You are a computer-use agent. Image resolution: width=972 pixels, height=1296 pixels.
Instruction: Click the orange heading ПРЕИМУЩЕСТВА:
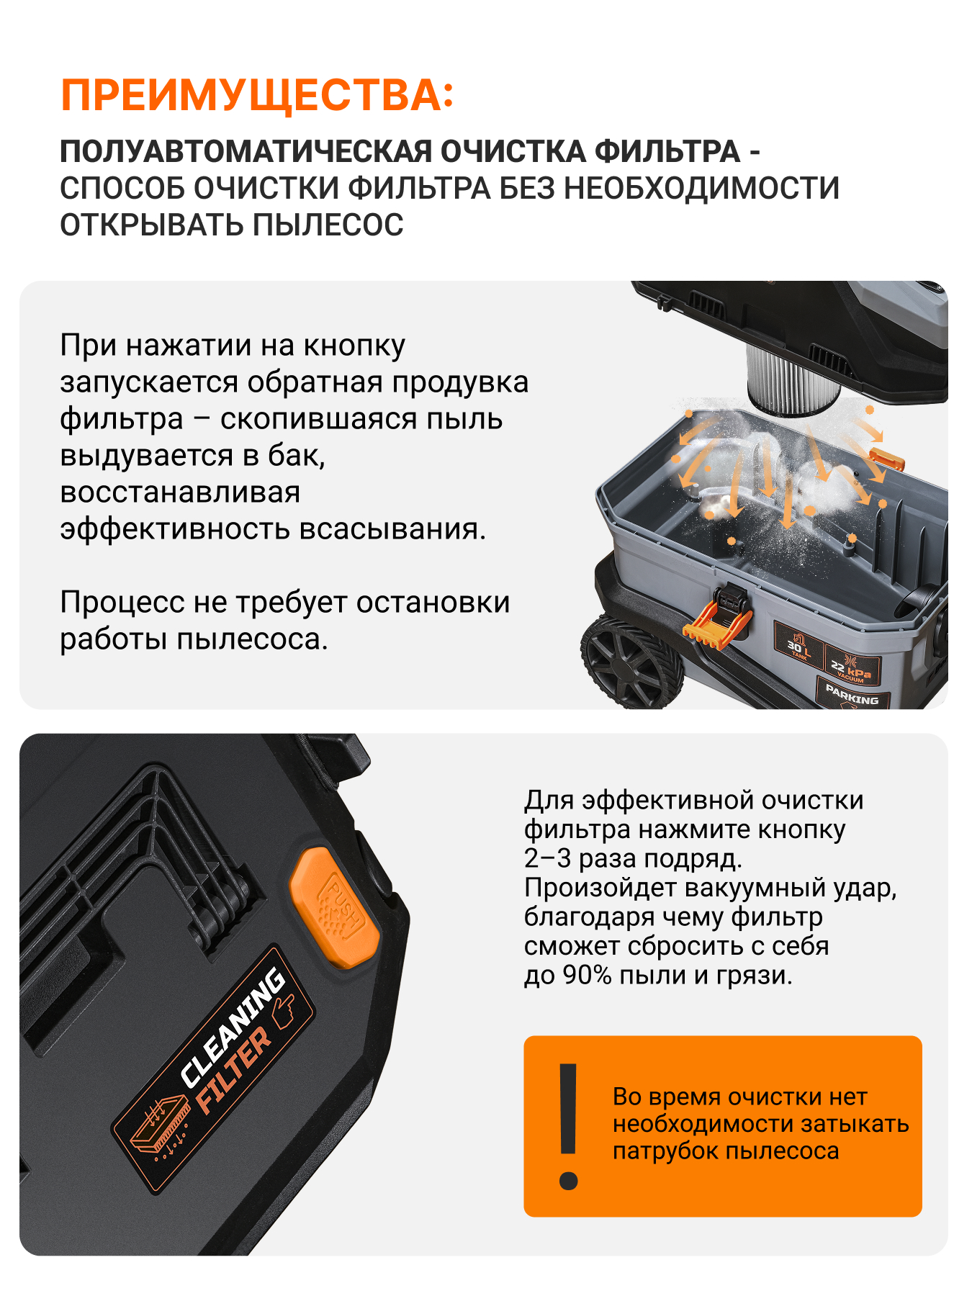(257, 96)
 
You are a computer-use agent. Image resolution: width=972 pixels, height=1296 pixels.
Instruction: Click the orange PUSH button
(334, 907)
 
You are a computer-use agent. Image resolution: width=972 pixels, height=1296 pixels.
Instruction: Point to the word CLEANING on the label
(232, 1027)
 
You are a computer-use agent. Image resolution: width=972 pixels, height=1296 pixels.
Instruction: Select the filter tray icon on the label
(158, 1128)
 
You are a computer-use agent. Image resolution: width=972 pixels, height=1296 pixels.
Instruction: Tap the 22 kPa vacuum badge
(850, 666)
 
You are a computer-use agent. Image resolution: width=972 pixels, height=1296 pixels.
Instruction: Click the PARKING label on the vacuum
(852, 695)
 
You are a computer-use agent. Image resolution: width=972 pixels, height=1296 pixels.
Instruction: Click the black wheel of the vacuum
(631, 661)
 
